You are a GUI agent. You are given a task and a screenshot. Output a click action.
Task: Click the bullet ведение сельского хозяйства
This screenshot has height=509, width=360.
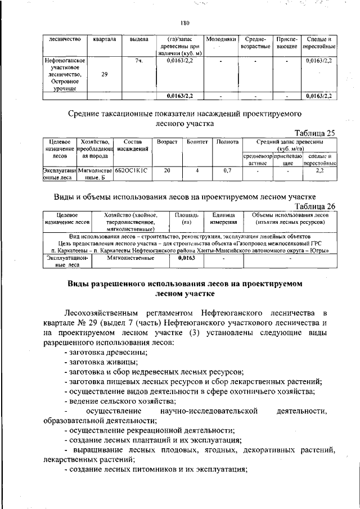(x=120, y=401)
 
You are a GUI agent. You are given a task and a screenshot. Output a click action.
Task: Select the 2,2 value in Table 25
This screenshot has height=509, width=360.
(x=319, y=169)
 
